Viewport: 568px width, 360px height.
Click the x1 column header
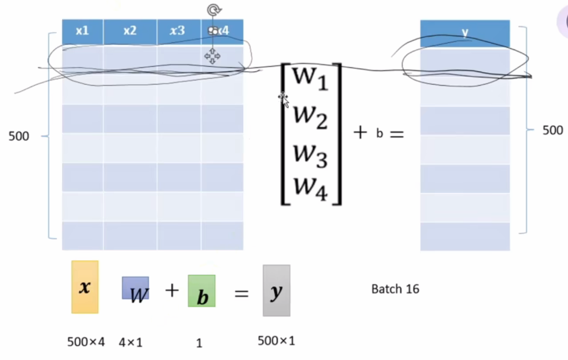point(83,30)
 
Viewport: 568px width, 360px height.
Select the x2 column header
point(129,30)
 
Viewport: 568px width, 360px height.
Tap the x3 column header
point(178,30)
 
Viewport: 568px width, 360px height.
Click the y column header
point(465,32)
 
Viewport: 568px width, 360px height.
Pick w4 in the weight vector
point(310,187)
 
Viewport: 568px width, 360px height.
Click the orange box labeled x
point(85,287)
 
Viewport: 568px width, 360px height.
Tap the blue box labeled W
point(135,289)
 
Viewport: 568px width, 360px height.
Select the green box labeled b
point(202,291)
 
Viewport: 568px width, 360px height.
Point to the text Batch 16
point(395,289)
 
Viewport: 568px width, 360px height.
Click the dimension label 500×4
point(87,342)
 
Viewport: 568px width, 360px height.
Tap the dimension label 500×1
point(277,341)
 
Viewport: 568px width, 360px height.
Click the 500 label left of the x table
point(18,137)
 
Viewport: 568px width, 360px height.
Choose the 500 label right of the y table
point(552,131)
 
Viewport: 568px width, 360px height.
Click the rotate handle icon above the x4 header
point(213,10)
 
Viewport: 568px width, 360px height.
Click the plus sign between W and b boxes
point(172,290)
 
